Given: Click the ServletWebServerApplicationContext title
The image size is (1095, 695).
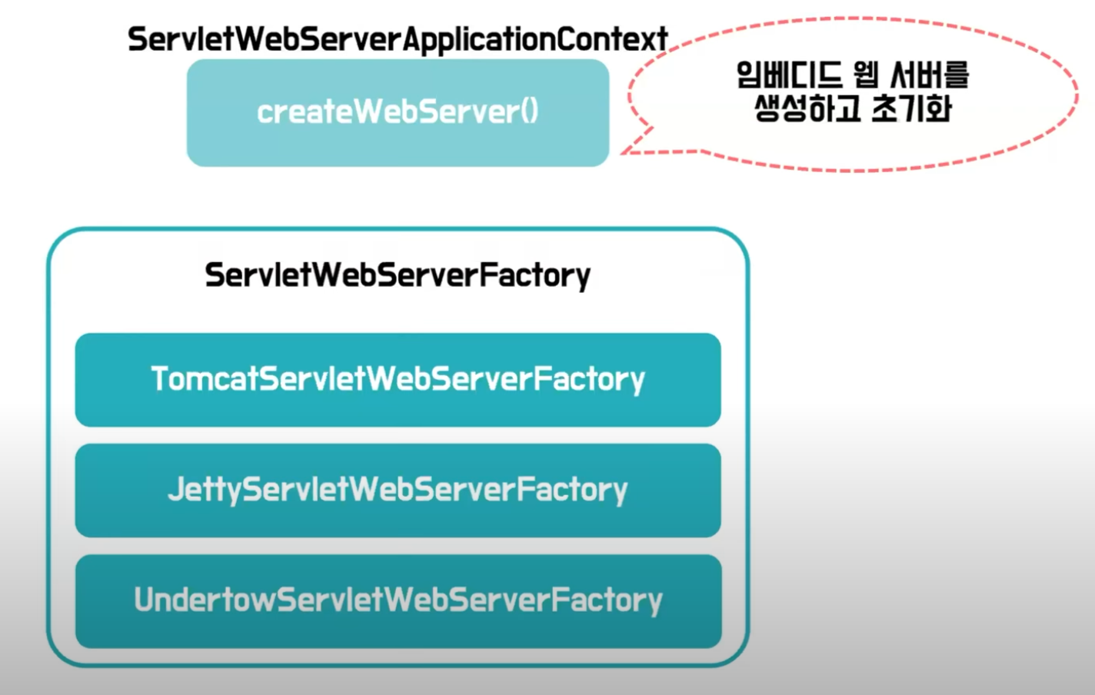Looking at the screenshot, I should (x=397, y=39).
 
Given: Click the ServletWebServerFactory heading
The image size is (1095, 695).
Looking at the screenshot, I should (x=397, y=274).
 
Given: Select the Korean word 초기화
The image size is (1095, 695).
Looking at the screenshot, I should (x=912, y=108).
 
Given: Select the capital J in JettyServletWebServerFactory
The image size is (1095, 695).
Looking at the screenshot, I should (x=176, y=490).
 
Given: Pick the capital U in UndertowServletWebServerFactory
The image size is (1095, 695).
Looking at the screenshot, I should (x=144, y=600).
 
